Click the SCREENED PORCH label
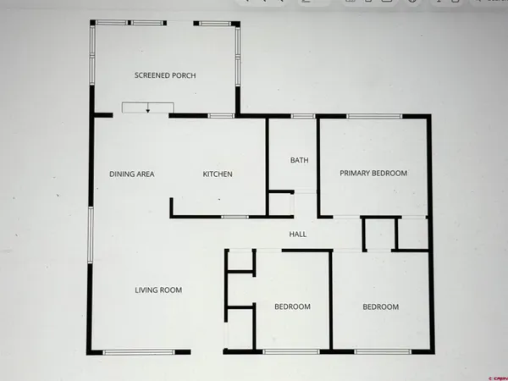point(165,75)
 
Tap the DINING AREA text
point(131,174)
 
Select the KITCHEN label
point(218,174)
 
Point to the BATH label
point(299,160)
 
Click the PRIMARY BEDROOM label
point(373,174)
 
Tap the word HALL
point(297,235)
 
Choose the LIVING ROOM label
point(158,290)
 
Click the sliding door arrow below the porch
point(147,108)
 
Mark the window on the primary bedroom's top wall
point(373,115)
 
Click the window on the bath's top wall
point(303,115)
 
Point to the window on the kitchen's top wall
point(221,115)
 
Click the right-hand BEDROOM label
point(380,307)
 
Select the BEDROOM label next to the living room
point(292,306)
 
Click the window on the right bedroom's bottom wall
point(378,351)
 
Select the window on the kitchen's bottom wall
point(234,218)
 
